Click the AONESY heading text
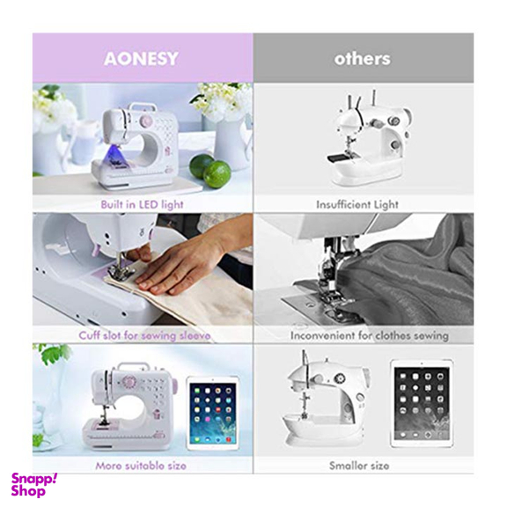pos(141,58)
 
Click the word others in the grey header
pos(362,59)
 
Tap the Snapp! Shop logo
pos(33,485)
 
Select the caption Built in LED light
pos(142,205)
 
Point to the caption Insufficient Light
pos(357,205)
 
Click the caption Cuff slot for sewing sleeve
pos(144,335)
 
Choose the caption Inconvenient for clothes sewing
pos(370,335)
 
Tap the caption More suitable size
pos(141,466)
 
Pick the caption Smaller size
pos(359,466)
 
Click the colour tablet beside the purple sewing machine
pos(212,414)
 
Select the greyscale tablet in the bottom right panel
pos(422,403)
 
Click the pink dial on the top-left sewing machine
pos(146,121)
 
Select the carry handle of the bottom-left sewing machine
pos(134,367)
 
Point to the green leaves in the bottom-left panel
pos(54,355)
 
